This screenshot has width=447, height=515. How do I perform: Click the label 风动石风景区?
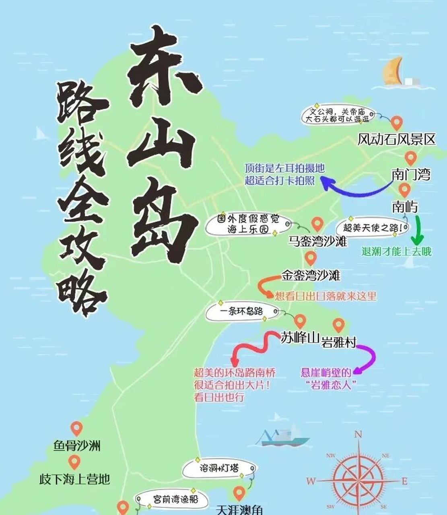(396, 140)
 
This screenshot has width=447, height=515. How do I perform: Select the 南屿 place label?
(405, 207)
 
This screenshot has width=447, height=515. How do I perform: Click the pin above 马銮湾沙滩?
(317, 223)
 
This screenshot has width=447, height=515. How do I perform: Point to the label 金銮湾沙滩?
(311, 276)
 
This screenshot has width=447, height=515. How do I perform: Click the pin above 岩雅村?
(338, 324)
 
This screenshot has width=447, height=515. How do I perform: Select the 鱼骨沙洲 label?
(77, 446)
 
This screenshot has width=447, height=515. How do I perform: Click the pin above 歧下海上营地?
(74, 461)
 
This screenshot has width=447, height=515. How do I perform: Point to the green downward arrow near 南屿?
(417, 231)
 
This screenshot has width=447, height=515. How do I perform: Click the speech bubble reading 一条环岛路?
(242, 312)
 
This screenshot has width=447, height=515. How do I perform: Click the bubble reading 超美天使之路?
(373, 228)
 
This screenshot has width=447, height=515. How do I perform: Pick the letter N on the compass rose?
(358, 435)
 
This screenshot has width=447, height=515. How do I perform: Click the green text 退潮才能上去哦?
(396, 251)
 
